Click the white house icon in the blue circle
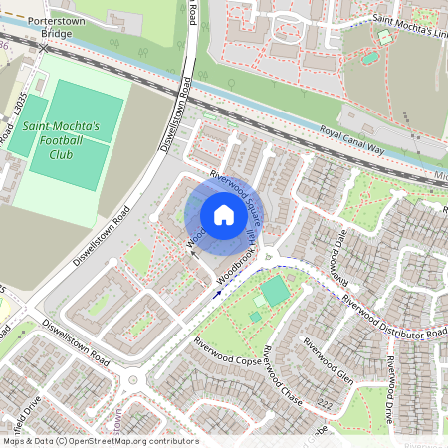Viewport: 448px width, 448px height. click(224, 215)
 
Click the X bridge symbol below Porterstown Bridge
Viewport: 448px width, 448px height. click(42, 47)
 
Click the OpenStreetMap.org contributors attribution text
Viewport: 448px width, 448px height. click(129, 441)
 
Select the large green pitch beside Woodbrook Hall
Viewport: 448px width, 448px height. click(274, 291)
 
